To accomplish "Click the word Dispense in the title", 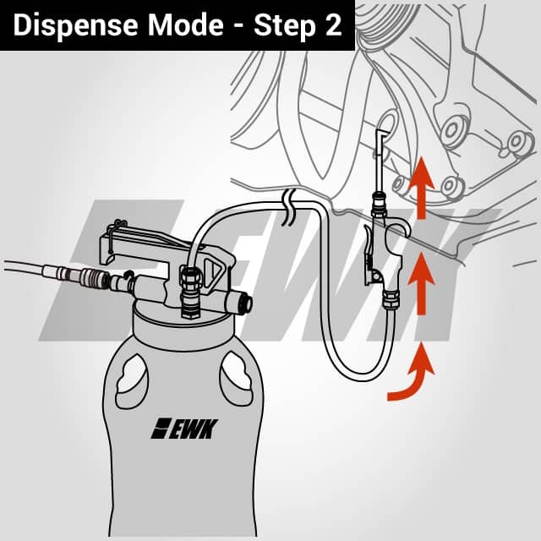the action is coord(75,25).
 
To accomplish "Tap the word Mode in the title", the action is coord(186,25).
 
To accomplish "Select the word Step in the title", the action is coord(285,26).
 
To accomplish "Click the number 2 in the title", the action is coord(333,25).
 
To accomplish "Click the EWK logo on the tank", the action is coord(184,429).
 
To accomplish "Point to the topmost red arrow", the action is coord(421,188).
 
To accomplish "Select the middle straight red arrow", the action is coord(421,284).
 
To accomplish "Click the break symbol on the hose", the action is coord(289,207).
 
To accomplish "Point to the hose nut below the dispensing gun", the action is coord(391,298).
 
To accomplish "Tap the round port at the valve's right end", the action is coord(247,303).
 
